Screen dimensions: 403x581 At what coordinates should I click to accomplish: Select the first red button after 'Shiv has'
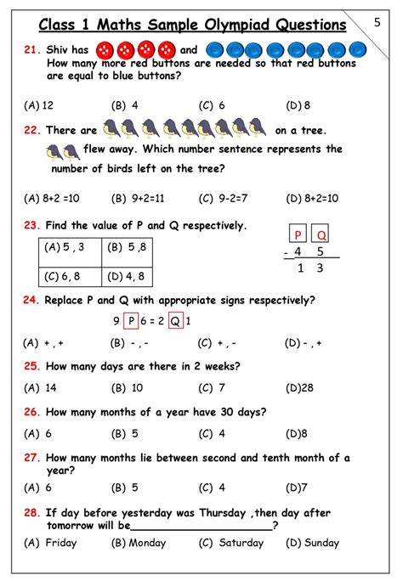[x=105, y=50]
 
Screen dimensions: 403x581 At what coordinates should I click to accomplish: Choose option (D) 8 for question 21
[x=299, y=105]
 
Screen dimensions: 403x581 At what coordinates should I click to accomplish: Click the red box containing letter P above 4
[x=298, y=234]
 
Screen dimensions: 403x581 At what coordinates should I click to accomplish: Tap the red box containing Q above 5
[x=323, y=234]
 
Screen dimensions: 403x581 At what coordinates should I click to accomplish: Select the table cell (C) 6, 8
[x=68, y=276]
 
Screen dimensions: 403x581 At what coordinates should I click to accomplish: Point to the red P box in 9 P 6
[x=130, y=321]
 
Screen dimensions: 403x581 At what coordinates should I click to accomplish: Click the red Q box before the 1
[x=174, y=321]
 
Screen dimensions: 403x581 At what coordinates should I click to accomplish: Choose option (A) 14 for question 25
[x=41, y=387]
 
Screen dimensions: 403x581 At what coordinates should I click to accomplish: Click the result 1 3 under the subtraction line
[x=309, y=268]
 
